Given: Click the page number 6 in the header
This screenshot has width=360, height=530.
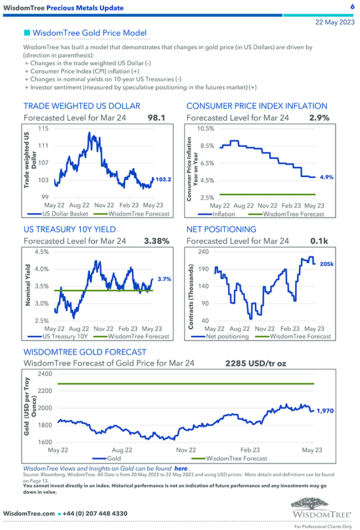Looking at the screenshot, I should point(352,7).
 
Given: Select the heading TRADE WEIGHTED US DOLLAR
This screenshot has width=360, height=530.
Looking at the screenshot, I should point(81,106).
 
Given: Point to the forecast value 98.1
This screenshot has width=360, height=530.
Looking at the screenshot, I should point(157,117).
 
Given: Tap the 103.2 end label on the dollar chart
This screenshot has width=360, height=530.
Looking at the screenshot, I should point(163,179).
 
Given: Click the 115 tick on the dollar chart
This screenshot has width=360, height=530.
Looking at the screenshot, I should point(43,128).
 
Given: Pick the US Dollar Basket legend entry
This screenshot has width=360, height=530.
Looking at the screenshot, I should point(60,214).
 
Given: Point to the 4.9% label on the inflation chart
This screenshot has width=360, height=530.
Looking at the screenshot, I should point(327,177).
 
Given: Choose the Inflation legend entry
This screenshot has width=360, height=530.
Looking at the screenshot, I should point(223,214).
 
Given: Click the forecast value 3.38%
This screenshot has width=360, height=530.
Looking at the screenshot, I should point(156,241).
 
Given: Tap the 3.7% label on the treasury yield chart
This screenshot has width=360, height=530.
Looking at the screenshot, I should point(164,280).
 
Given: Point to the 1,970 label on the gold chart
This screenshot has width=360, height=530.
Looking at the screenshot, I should point(325,410).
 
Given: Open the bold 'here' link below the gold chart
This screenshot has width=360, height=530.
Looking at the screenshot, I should point(181,468).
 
